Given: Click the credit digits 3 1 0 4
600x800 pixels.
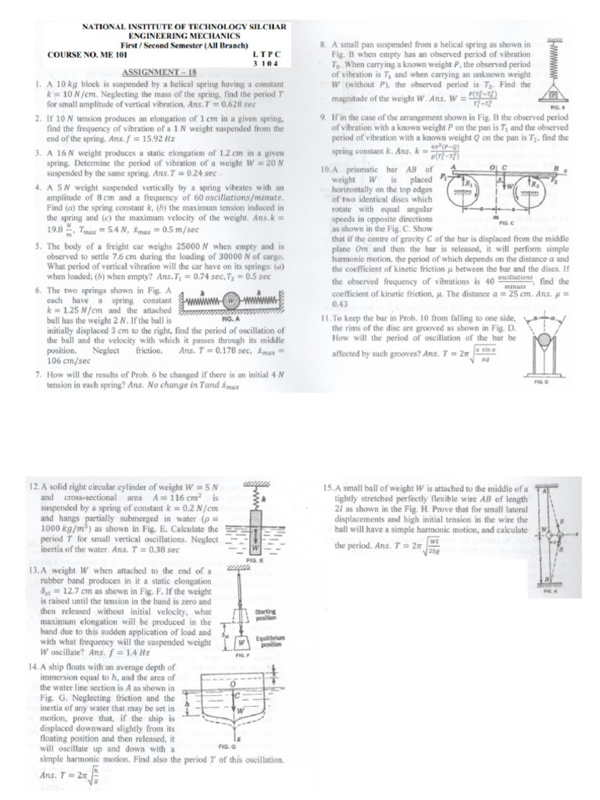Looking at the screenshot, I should click(266, 63).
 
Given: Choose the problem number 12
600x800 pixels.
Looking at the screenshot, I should click(33, 487).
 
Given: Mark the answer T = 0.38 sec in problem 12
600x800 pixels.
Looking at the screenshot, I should click(147, 550).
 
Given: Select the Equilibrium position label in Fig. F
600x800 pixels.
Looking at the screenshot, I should click(271, 642).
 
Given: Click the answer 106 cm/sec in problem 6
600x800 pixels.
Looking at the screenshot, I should click(46, 360).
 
